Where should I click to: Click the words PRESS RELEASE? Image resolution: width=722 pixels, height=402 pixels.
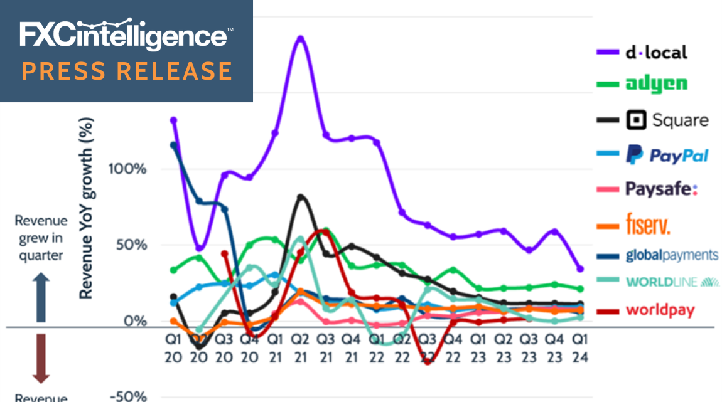coord(127,70)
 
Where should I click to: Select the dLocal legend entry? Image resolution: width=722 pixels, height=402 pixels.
coord(656,52)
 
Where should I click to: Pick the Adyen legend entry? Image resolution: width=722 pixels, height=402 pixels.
coord(656,84)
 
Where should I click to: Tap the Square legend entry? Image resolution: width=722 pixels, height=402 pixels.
coord(667,120)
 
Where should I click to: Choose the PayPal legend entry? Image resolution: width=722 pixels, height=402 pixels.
coord(667,154)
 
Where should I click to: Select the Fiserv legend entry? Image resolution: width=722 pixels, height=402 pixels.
coord(649,223)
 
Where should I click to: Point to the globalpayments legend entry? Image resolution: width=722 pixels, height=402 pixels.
coord(672,255)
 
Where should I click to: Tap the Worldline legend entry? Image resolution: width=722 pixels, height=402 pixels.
coord(672,282)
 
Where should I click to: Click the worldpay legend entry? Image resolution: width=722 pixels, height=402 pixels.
coord(660,310)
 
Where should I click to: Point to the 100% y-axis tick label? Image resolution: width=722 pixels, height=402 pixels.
coord(129,169)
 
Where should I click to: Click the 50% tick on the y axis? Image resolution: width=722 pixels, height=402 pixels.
coord(133,245)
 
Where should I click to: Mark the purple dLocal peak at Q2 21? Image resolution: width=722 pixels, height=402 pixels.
coord(300,38)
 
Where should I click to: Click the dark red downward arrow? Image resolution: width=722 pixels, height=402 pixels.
coord(41,357)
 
